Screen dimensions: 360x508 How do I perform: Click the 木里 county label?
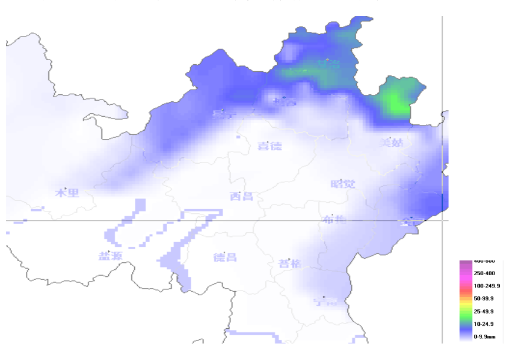pyautogui.click(x=67, y=193)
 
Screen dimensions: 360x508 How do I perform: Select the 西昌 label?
pyautogui.click(x=241, y=196)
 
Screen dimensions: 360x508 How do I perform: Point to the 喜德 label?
pyautogui.click(x=270, y=146)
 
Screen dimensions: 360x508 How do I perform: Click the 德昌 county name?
pyautogui.click(x=224, y=257)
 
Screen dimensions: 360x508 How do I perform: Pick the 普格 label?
pyautogui.click(x=290, y=263)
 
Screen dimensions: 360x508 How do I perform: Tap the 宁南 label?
pyautogui.click(x=325, y=302)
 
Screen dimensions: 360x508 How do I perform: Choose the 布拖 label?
pyautogui.click(x=334, y=220)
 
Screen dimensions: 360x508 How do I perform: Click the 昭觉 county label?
pyautogui.click(x=343, y=184)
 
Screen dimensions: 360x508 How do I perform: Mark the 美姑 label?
pyautogui.click(x=391, y=142)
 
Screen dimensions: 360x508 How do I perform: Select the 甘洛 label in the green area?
pyautogui.click(x=328, y=63)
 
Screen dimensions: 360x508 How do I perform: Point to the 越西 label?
pyautogui.click(x=285, y=101)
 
